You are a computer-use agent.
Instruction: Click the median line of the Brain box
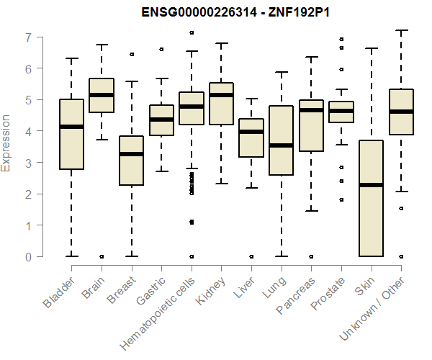[102, 95]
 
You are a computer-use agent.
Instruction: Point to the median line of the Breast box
[132, 154]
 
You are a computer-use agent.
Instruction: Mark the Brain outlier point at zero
[102, 256]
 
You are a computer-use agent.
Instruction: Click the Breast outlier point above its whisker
[132, 54]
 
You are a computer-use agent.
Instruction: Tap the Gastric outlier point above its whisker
[161, 50]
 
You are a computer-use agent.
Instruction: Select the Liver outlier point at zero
[251, 256]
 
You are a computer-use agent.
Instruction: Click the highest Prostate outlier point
[341, 39]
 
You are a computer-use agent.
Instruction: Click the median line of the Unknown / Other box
[402, 112]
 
